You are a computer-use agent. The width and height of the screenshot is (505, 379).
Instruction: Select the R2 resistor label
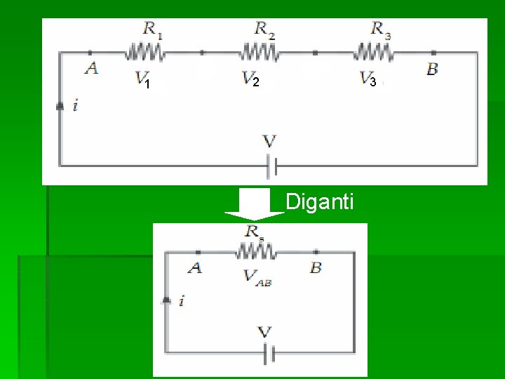pyautogui.click(x=264, y=29)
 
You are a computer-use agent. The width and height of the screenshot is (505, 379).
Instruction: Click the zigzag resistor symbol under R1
pyautogui.click(x=145, y=52)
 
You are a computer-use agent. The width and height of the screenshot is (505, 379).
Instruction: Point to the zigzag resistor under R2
pyautogui.click(x=260, y=52)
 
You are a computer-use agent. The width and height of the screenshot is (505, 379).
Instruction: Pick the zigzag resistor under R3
pyautogui.click(x=374, y=52)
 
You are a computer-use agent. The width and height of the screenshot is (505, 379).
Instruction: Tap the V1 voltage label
pyautogui.click(x=142, y=79)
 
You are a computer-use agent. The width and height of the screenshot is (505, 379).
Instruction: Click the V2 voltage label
pyautogui.click(x=251, y=79)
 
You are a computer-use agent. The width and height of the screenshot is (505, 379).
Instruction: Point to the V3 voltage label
pyautogui.click(x=368, y=79)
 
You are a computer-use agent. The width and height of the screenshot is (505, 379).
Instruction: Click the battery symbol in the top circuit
pyautogui.click(x=272, y=166)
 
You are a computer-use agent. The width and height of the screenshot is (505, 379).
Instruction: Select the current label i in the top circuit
pyautogui.click(x=76, y=106)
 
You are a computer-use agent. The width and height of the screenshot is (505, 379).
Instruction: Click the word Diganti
pyautogui.click(x=321, y=203)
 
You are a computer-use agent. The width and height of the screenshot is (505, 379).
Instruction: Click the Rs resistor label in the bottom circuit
pyautogui.click(x=254, y=231)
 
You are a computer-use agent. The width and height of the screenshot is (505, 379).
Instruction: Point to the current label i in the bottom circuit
pyautogui.click(x=182, y=301)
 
